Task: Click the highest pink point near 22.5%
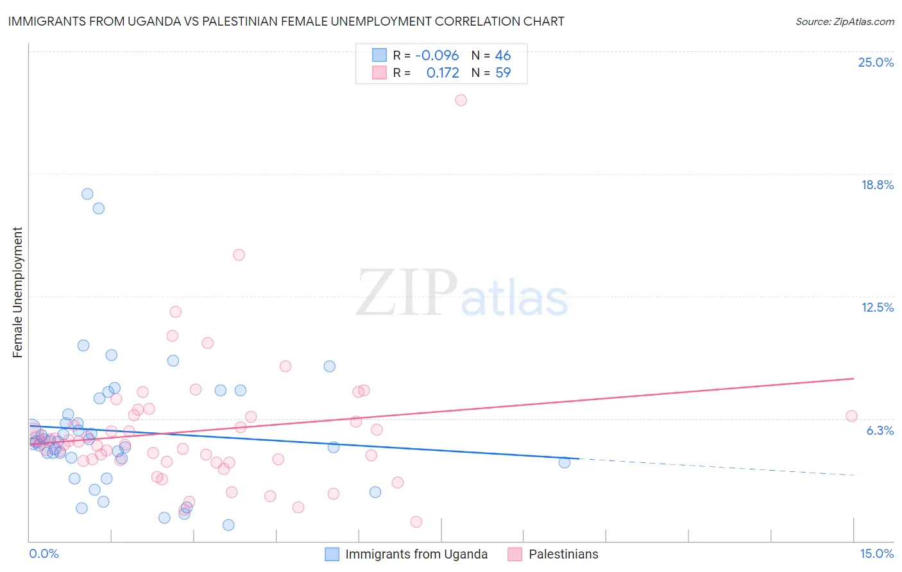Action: (x=461, y=100)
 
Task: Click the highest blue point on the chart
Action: (x=87, y=194)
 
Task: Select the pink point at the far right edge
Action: (x=851, y=416)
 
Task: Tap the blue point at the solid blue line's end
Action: (x=565, y=462)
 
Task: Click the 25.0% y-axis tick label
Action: (x=876, y=62)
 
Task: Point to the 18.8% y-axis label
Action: (x=877, y=185)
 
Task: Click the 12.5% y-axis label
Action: (x=877, y=307)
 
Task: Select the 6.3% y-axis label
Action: (x=880, y=430)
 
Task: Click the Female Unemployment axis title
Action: (x=17, y=292)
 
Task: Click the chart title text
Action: (x=286, y=21)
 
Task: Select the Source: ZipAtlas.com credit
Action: (x=844, y=22)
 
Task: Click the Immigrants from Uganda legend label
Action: (x=416, y=554)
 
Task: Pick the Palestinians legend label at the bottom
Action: (x=563, y=554)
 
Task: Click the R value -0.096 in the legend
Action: (x=437, y=56)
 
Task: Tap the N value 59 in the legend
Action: (x=503, y=73)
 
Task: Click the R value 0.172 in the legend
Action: (x=443, y=73)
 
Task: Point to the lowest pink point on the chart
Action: (x=416, y=522)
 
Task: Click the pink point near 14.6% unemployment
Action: (x=239, y=255)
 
